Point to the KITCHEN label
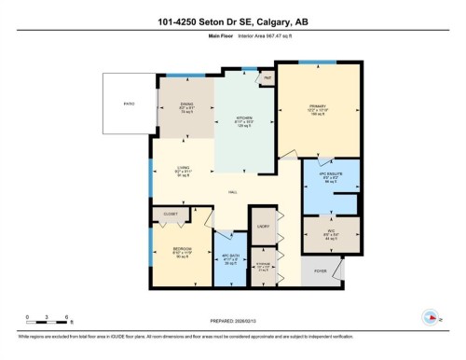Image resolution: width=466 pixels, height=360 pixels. pos(245,119)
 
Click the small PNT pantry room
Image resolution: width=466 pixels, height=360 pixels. pos(267,80)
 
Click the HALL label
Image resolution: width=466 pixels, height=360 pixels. pos(231,193)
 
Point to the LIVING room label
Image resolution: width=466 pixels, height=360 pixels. pos(171,169)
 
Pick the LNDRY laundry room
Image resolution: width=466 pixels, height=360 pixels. pos(264,226)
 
